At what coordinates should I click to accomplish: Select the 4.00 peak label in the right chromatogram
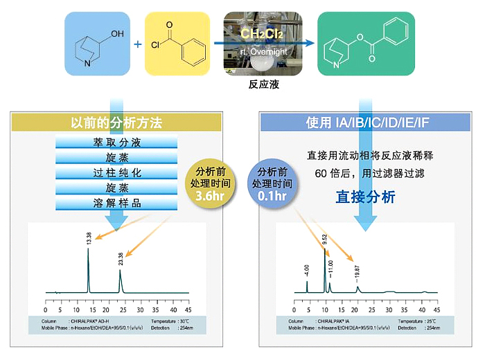[x=306, y=271]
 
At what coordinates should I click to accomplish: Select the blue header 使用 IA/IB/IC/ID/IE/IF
[x=368, y=123]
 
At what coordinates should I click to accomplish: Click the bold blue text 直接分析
[x=365, y=197]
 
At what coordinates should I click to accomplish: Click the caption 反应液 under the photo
[x=263, y=85]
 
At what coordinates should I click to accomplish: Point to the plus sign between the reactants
[x=138, y=44]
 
